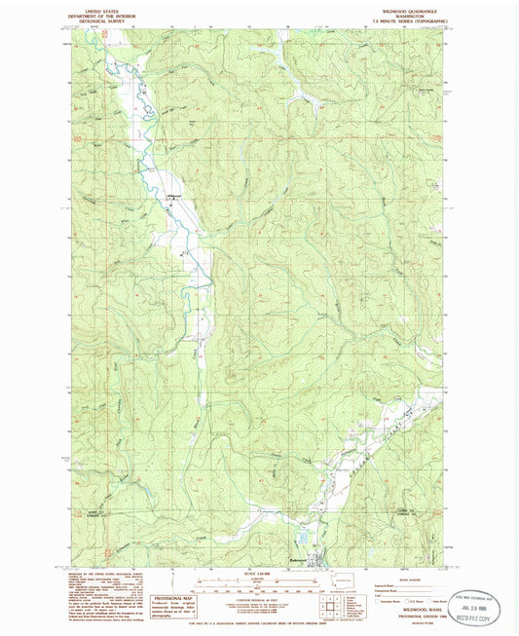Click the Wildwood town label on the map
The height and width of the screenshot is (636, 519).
[175, 196]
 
